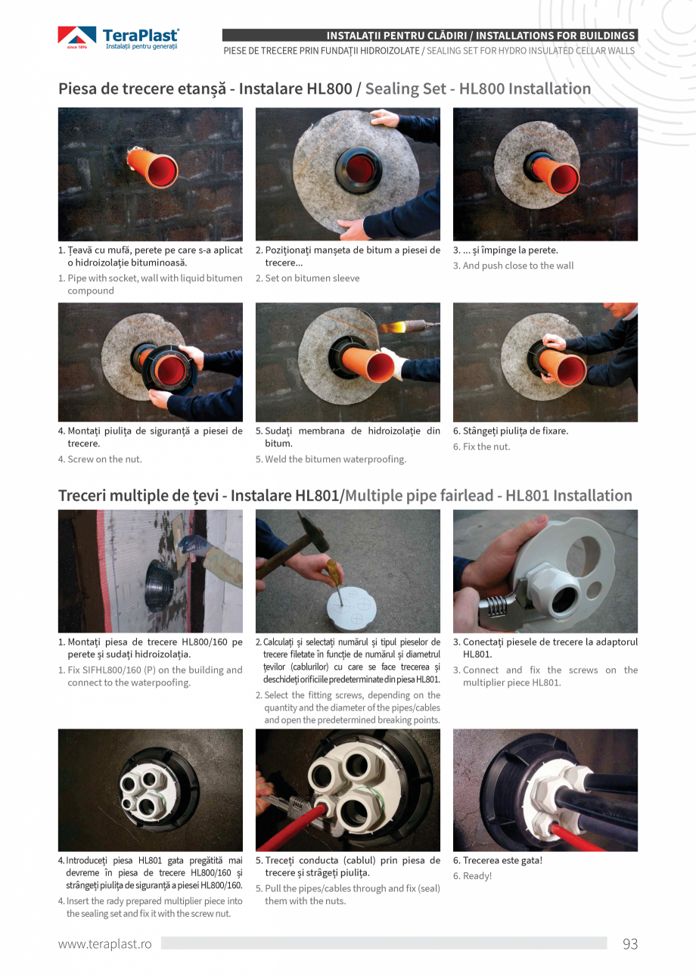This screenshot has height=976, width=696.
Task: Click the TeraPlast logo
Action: (119, 38)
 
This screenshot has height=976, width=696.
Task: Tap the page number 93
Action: (629, 943)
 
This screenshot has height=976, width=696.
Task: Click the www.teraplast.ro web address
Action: (105, 943)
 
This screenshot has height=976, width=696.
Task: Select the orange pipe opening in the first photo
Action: (162, 171)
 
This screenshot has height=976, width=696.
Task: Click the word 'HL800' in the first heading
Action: (329, 89)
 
